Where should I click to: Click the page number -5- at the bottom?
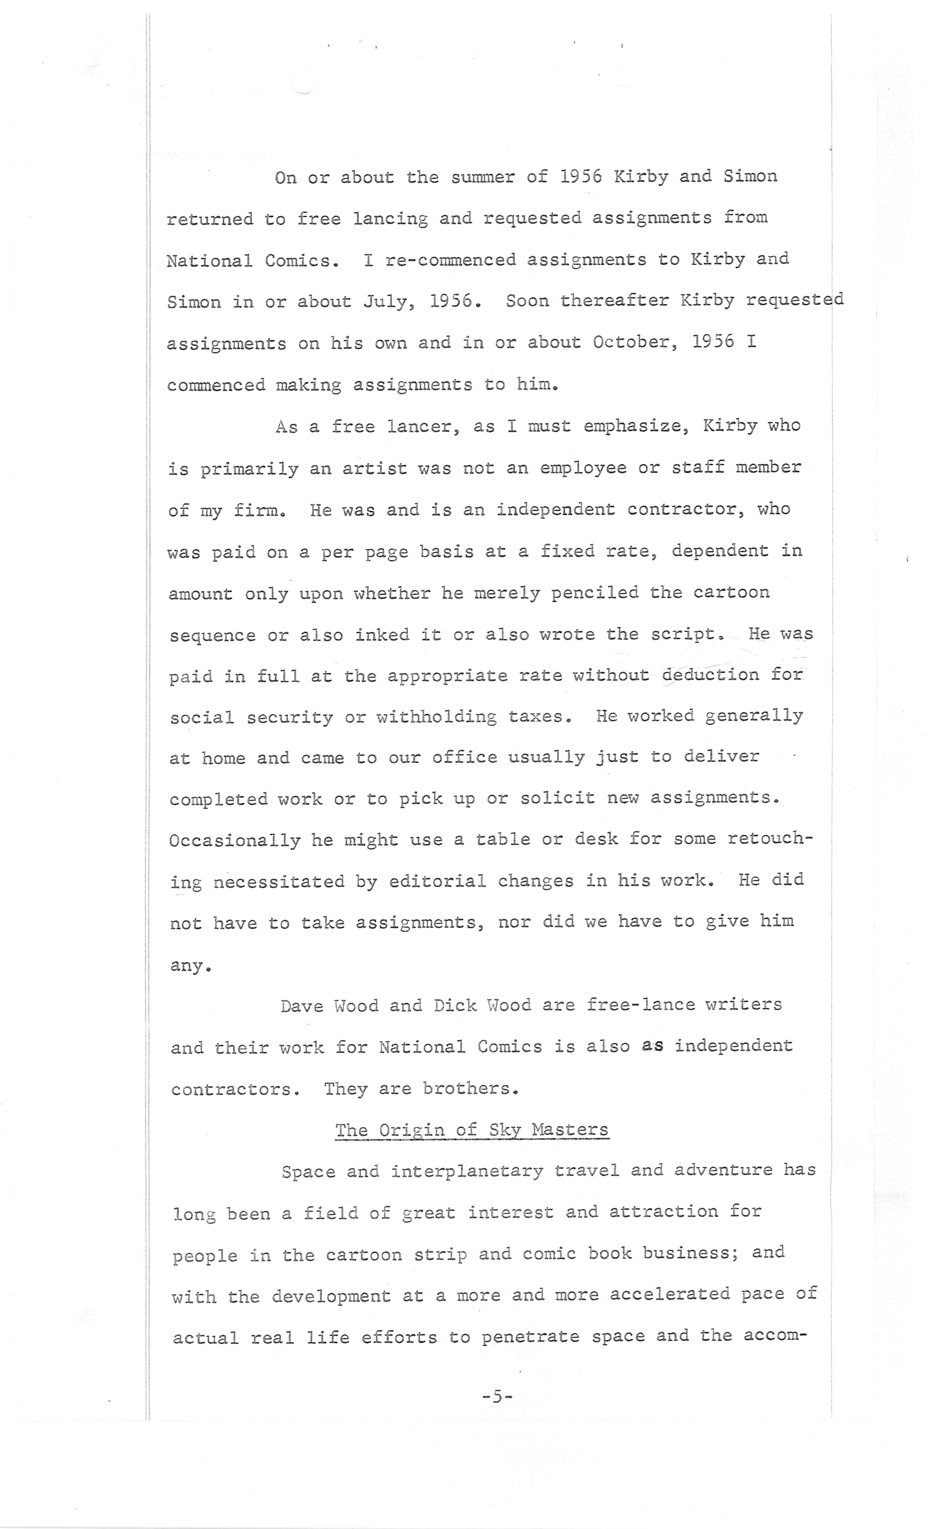coord(497,1396)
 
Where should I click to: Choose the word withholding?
coord(436,717)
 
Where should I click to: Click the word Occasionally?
coord(234,840)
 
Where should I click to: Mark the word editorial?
coord(438,881)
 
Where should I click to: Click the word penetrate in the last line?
coord(531,1336)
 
